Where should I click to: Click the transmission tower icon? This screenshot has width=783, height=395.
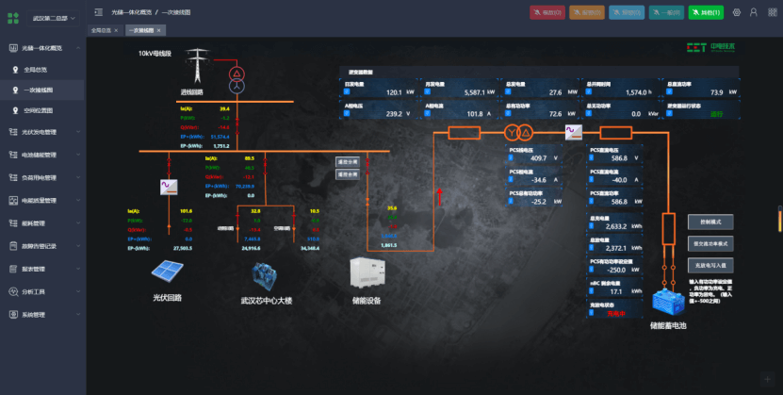(x=197, y=67)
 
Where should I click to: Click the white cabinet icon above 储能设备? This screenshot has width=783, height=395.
(x=367, y=273)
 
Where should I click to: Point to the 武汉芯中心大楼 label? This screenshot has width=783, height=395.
(x=267, y=301)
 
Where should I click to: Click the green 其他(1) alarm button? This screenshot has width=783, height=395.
(x=707, y=12)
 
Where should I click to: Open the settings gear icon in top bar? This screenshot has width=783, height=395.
(x=738, y=12)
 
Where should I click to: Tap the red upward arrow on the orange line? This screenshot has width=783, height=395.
(x=438, y=196)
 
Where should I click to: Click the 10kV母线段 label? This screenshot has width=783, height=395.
(x=155, y=54)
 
